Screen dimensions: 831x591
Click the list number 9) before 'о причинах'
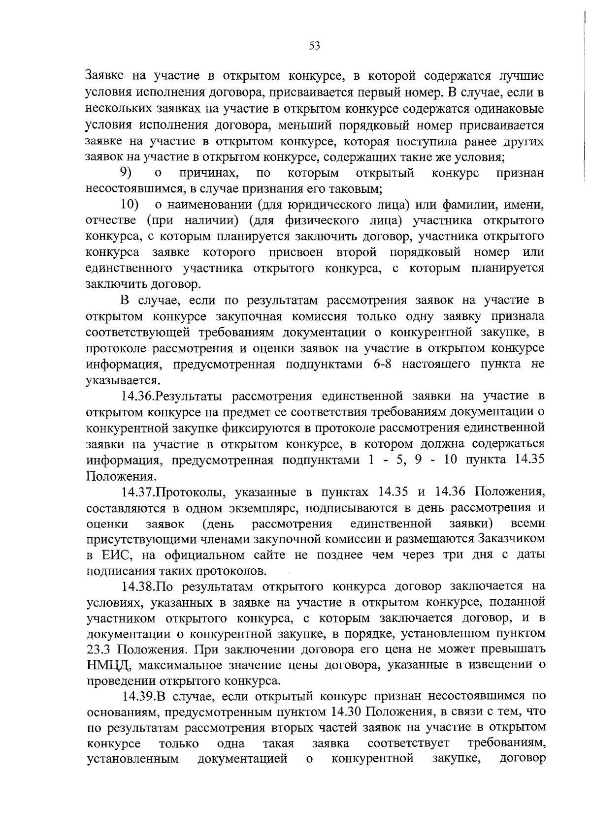coord(126,173)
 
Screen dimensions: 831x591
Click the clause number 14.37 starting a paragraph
coord(139,492)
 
